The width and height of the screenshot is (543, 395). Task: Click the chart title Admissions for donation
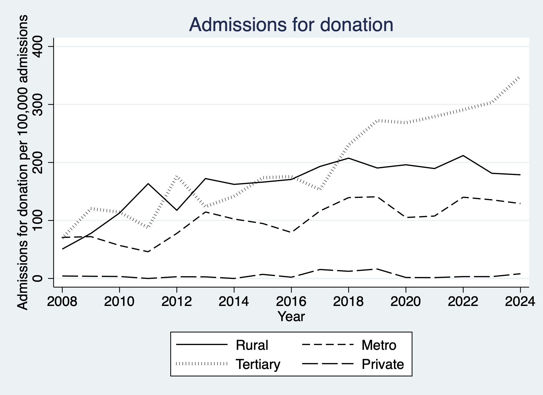point(291,24)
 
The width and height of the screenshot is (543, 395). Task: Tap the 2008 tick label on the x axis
point(62,301)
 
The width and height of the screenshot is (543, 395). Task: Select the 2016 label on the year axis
point(291,301)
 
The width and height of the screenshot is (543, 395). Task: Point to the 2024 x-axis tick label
point(520,301)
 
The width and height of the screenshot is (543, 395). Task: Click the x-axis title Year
point(291,317)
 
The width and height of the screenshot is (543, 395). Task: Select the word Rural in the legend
point(252,345)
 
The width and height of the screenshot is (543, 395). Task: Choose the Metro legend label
point(379,345)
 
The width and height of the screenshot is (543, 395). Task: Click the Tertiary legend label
point(258,364)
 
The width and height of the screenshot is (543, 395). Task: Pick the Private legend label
point(383,364)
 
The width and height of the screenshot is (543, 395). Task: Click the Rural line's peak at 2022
point(463,156)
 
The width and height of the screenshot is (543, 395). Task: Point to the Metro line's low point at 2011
point(148,251)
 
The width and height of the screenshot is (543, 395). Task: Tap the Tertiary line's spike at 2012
point(177,177)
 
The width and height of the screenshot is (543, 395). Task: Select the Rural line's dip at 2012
point(177,210)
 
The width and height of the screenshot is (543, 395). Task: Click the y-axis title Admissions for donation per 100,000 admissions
point(22,162)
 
